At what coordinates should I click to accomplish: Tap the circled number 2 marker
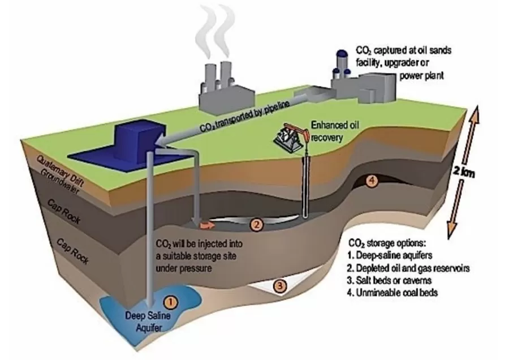(257, 225)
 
